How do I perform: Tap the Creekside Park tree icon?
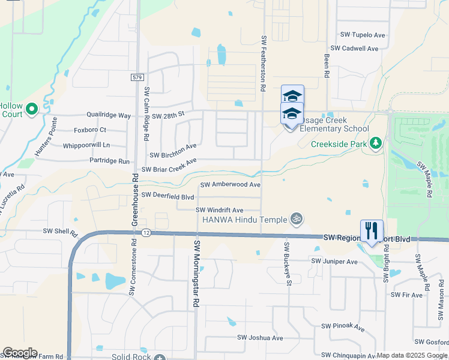[376, 143]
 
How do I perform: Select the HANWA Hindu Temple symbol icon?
[294, 219]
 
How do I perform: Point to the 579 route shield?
[137, 77]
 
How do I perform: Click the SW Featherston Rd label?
[263, 62]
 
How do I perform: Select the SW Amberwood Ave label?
[231, 185]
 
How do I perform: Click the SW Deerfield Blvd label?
[168, 196]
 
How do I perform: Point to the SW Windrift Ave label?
[219, 210]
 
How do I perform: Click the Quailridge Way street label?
[108, 115]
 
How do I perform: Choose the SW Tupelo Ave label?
[362, 35]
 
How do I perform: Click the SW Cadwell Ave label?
[354, 49]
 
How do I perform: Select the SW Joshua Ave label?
[260, 338]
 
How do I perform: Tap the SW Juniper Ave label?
[334, 261]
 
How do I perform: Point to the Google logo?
[20, 353]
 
